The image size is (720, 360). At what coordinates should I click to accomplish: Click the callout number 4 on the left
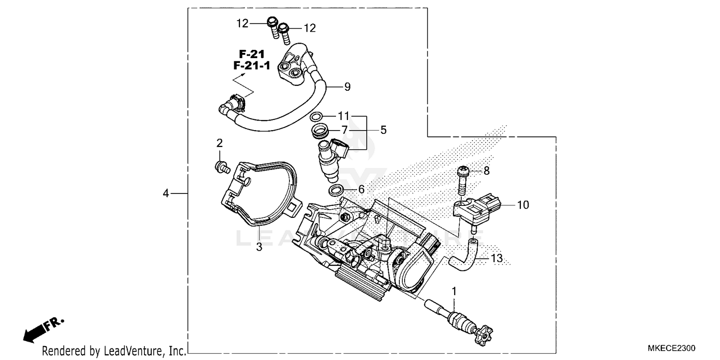(x=166, y=193)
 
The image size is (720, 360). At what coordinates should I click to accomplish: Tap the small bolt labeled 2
(x=221, y=167)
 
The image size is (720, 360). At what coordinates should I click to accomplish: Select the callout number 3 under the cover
(x=258, y=247)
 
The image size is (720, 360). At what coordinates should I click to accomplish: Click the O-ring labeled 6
(x=336, y=191)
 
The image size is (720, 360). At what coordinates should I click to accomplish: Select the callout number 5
(x=383, y=130)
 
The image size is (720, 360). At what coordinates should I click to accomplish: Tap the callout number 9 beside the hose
(x=347, y=87)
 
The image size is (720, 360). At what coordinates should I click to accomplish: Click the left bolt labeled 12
(x=273, y=25)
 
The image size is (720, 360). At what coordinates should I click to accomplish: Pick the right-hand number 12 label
(x=310, y=28)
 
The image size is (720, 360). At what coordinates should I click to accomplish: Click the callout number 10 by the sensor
(x=523, y=205)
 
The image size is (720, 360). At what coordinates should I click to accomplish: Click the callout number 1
(x=454, y=291)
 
